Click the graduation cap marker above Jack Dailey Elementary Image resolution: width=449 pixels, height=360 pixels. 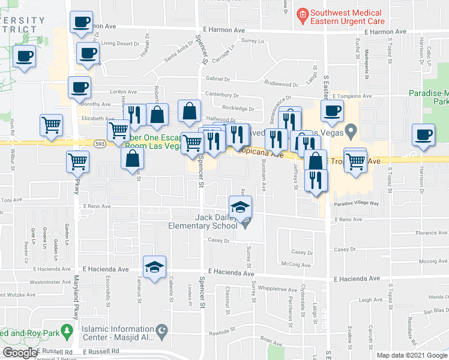240,206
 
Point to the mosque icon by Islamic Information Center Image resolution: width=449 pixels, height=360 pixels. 160,331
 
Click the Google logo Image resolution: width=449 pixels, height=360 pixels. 20,353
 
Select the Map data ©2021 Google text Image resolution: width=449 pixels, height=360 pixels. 411,355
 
